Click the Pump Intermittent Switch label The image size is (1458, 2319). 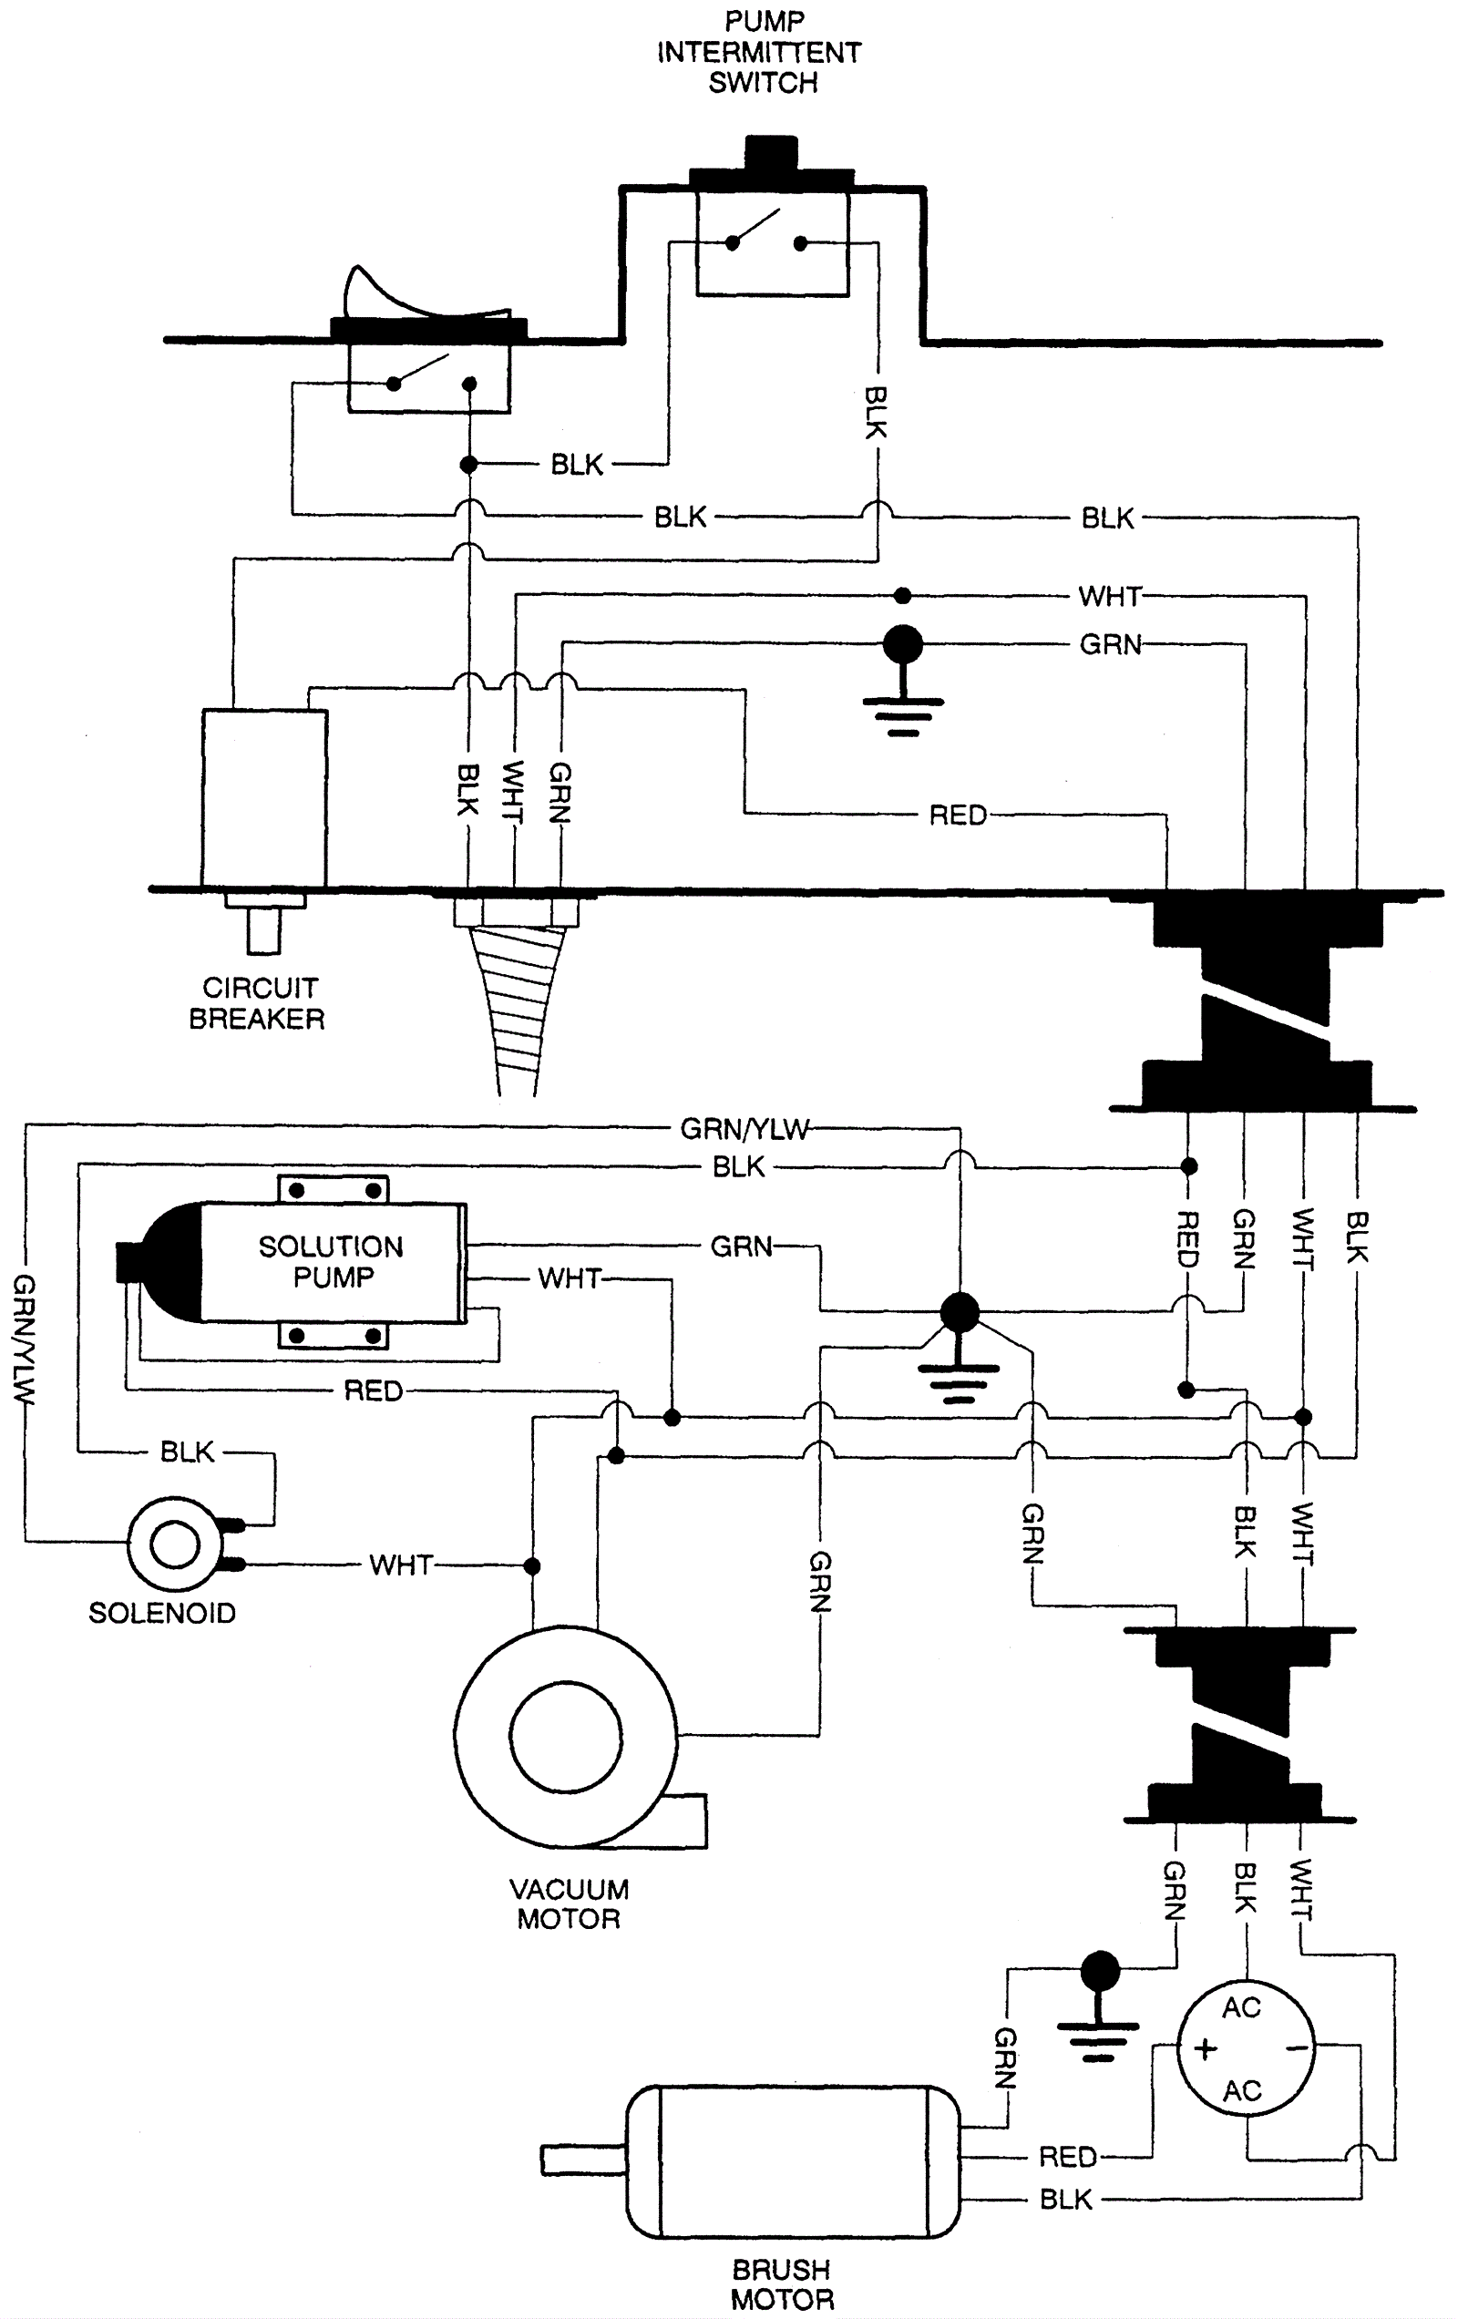click(x=760, y=52)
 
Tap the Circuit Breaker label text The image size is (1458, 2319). click(x=257, y=1002)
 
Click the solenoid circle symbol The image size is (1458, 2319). click(x=174, y=1544)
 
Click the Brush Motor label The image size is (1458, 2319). click(x=781, y=2284)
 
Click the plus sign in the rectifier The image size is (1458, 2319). click(x=1205, y=2048)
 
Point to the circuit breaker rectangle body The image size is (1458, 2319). click(x=264, y=798)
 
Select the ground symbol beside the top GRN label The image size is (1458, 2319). click(x=902, y=679)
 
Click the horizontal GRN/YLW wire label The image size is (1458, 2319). click(x=744, y=1128)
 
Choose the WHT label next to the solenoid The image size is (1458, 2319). click(x=401, y=1565)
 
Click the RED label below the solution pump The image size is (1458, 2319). click(x=373, y=1390)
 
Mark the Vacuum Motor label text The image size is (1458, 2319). click(x=569, y=1903)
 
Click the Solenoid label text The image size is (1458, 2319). click(x=162, y=1613)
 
